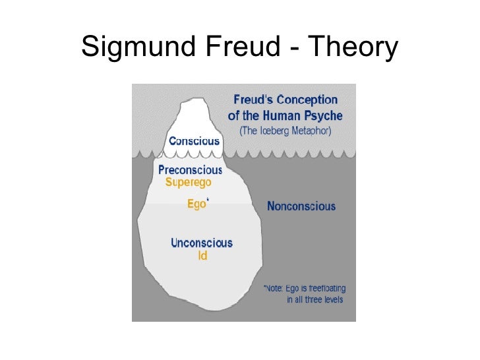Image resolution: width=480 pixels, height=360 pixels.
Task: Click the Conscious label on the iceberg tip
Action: click(195, 141)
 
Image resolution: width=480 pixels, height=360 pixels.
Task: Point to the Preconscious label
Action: click(191, 169)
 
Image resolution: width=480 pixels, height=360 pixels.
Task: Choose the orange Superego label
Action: click(189, 182)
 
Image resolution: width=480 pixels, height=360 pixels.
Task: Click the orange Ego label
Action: click(196, 204)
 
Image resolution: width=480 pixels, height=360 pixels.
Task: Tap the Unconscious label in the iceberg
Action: click(202, 243)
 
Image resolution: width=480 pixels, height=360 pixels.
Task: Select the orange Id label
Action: click(202, 256)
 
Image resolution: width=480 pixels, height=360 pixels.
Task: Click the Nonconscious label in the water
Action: click(301, 206)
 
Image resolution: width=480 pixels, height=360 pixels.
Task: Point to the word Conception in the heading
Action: click(307, 100)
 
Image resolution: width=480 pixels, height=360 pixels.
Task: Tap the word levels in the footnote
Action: click(330, 300)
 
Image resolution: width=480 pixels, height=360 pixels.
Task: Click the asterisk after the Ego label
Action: click(209, 200)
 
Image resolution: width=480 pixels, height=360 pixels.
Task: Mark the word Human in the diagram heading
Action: click(283, 115)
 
